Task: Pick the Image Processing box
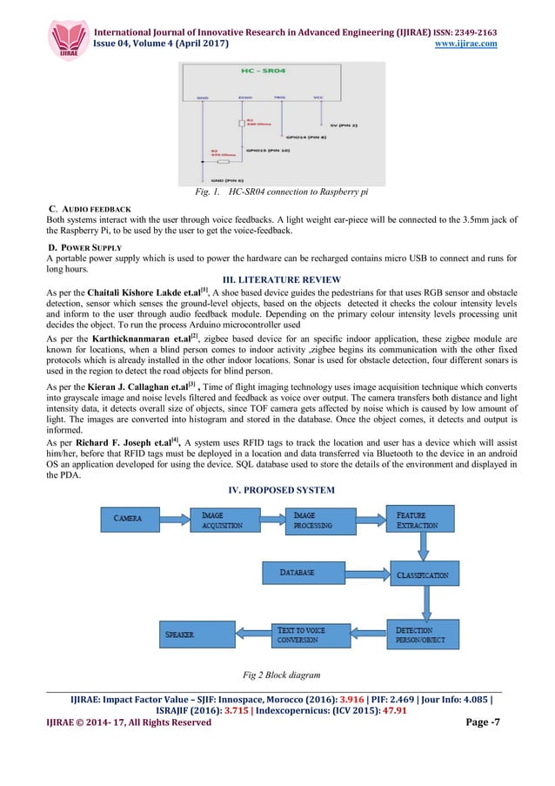tap(322, 520)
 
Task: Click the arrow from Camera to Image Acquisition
tap(176, 519)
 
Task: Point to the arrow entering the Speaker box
tap(246, 634)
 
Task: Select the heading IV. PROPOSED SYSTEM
tap(277, 488)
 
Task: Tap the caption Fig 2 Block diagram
tap(277, 675)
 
